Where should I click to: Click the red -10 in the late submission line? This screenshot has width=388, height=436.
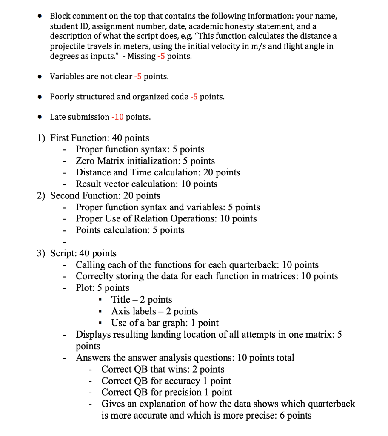click(117, 117)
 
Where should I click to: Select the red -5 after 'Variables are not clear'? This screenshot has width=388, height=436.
click(139, 77)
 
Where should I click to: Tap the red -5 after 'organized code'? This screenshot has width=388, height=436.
click(194, 97)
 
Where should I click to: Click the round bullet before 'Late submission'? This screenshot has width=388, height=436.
click(40, 117)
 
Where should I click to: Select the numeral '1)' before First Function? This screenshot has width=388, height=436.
click(41, 138)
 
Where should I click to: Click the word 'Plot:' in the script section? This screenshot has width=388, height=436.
click(85, 288)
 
